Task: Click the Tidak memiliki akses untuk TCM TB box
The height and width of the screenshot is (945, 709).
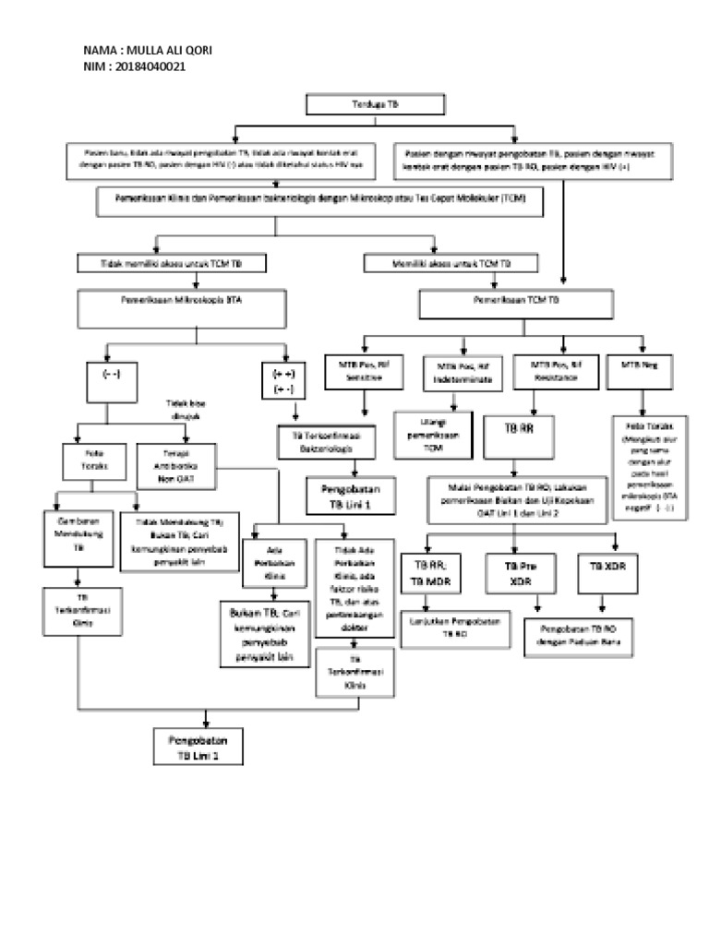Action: [x=171, y=264]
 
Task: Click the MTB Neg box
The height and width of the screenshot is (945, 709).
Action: [x=637, y=365]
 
